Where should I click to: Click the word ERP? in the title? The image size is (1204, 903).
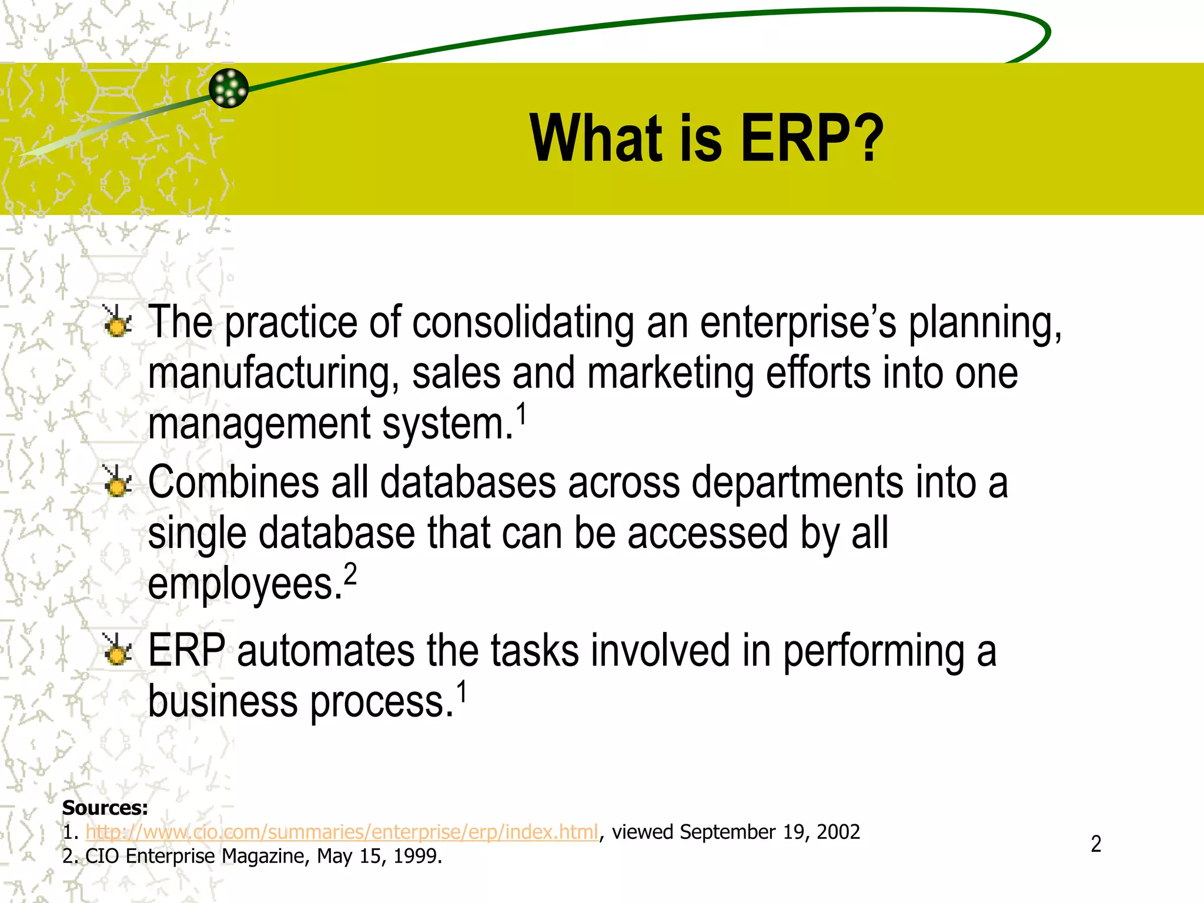tap(811, 139)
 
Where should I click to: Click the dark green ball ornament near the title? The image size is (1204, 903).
tap(229, 88)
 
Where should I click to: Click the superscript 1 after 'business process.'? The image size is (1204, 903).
tap(462, 691)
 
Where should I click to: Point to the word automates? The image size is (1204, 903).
tap(326, 651)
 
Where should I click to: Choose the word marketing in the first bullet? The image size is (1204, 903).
tap(670, 374)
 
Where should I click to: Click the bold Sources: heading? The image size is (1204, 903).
tap(105, 808)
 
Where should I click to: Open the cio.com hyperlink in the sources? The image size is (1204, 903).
tap(342, 832)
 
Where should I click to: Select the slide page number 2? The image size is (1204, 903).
tap(1096, 844)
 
